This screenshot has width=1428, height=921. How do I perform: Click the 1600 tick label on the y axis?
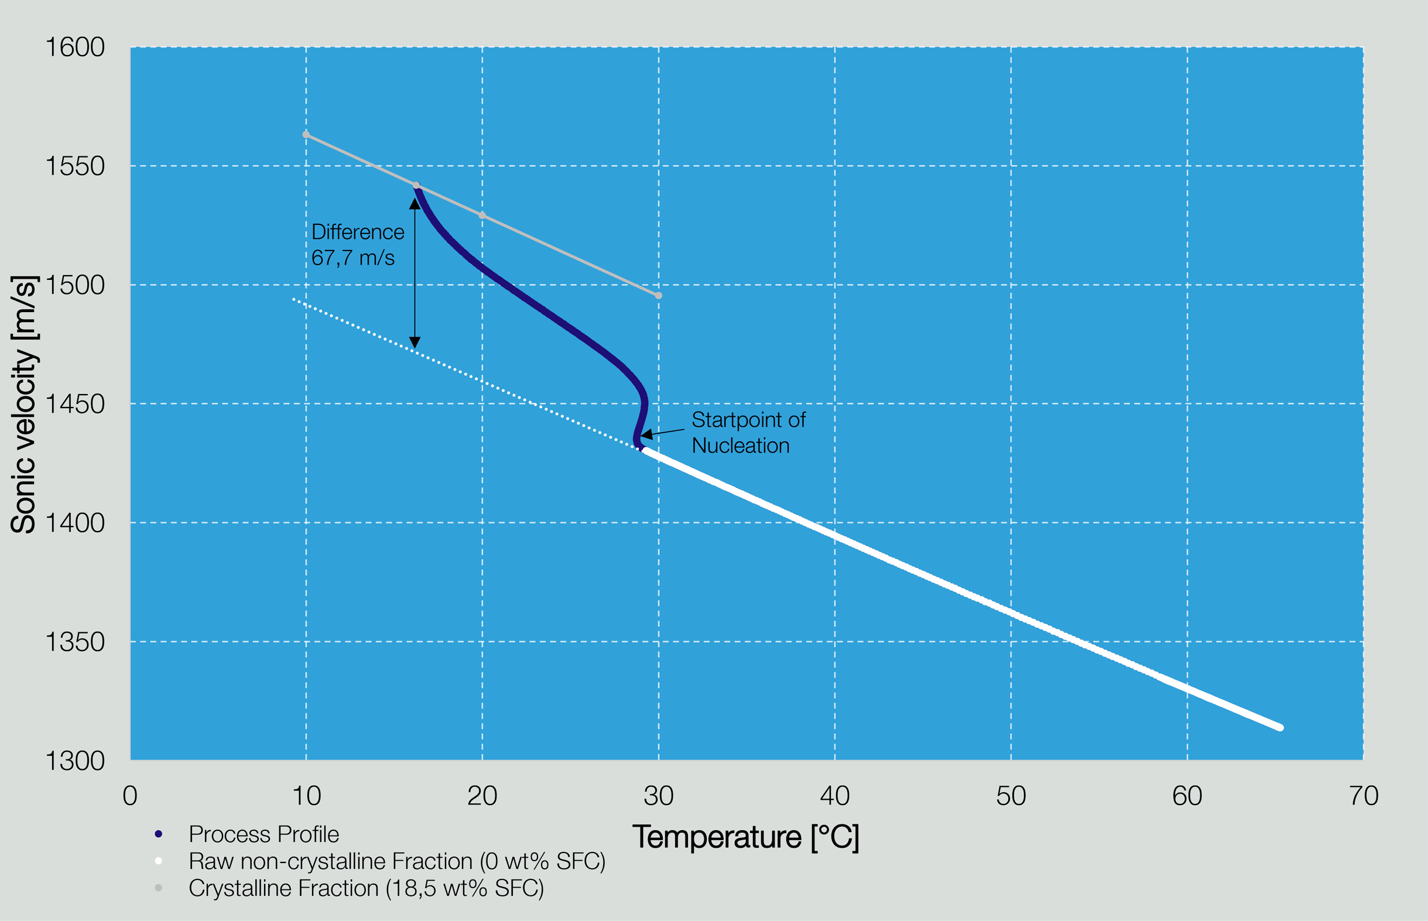[x=76, y=47]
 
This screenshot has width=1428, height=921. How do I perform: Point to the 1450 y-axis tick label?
[x=76, y=404]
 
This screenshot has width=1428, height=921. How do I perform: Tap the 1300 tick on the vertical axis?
[x=76, y=761]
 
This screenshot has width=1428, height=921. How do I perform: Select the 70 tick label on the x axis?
[x=1364, y=797]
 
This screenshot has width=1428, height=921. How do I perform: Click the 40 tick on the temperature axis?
[x=835, y=797]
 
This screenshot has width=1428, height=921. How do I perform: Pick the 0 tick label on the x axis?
[x=130, y=797]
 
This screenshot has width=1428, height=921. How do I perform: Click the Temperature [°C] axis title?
[x=746, y=837]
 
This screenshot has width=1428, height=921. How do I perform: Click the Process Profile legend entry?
[x=263, y=834]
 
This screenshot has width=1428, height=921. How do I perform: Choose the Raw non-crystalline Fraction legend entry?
[x=396, y=861]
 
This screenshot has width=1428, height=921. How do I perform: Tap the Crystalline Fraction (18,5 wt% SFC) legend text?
[x=366, y=889]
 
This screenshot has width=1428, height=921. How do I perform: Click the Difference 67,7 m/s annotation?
[x=357, y=245]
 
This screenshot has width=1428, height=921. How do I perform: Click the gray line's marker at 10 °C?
[x=306, y=135]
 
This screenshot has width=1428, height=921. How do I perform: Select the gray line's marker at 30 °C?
[x=659, y=296]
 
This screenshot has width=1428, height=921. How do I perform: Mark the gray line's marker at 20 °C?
[x=482, y=215]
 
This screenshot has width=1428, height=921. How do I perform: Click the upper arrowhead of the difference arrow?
[x=415, y=204]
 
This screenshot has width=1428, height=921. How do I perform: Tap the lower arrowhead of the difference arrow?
[x=415, y=342]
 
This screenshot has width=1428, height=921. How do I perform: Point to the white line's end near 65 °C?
[x=1280, y=727]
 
